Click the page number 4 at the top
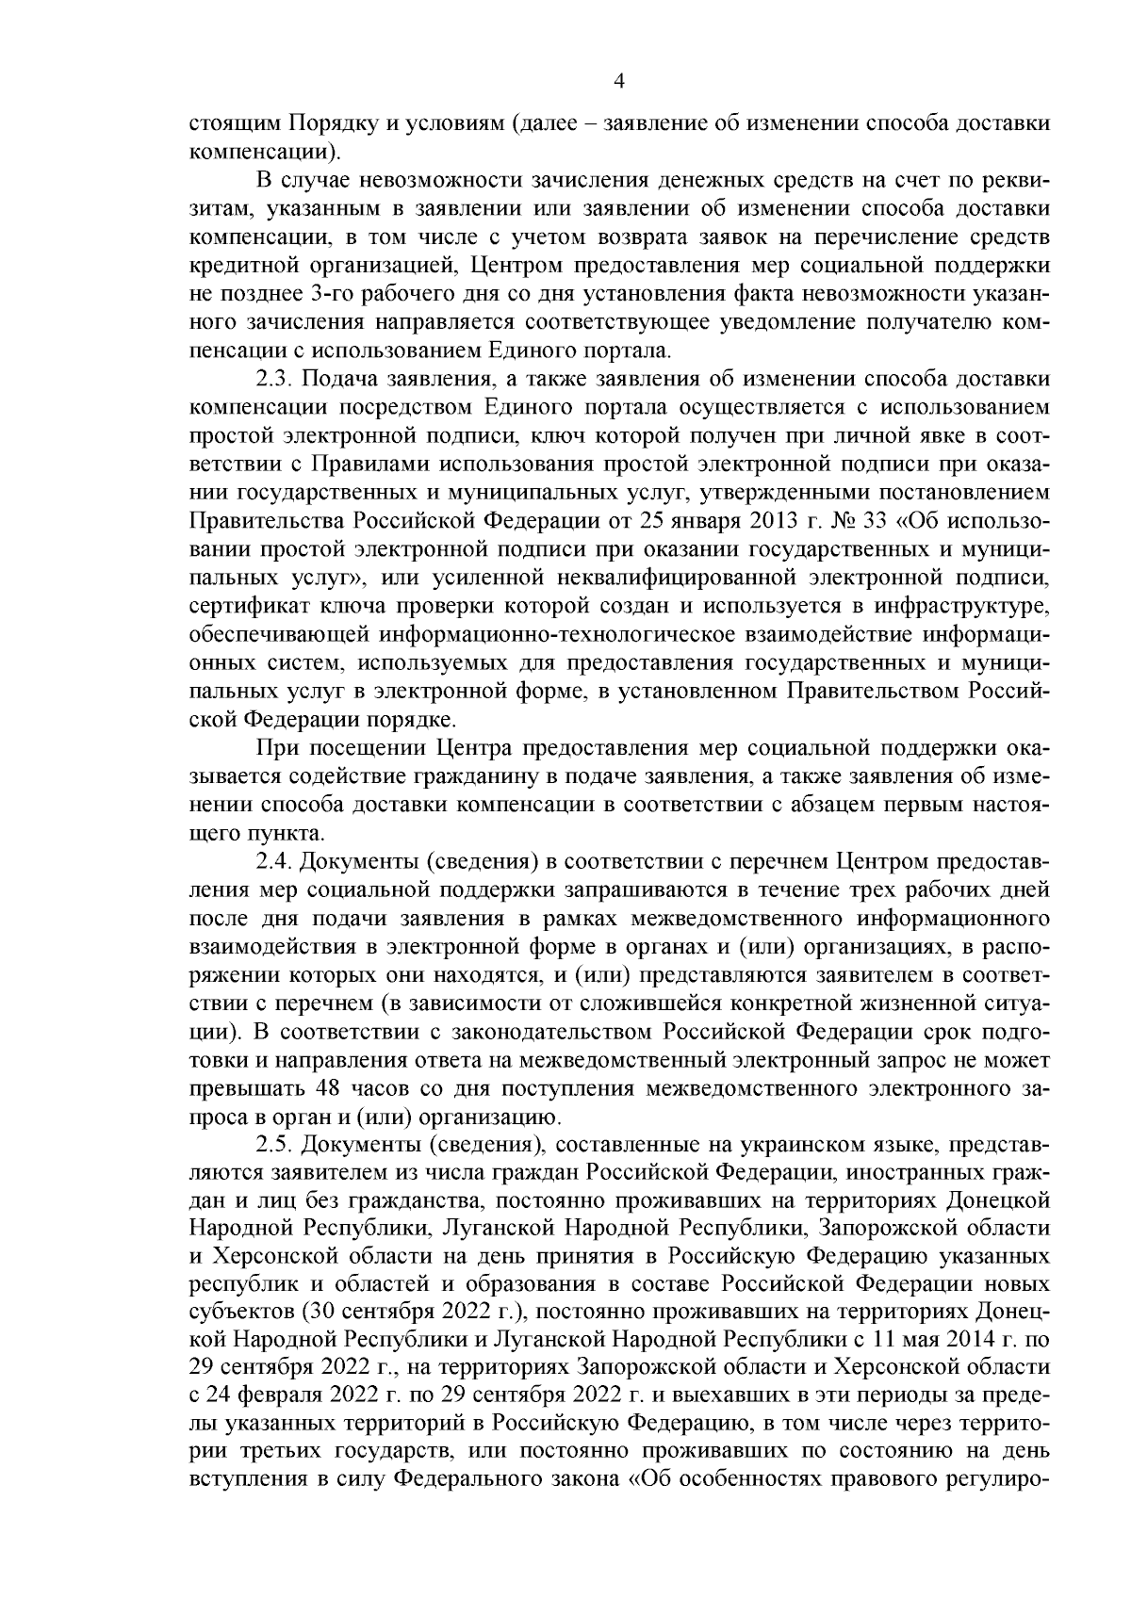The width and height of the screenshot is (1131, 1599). [619, 82]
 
